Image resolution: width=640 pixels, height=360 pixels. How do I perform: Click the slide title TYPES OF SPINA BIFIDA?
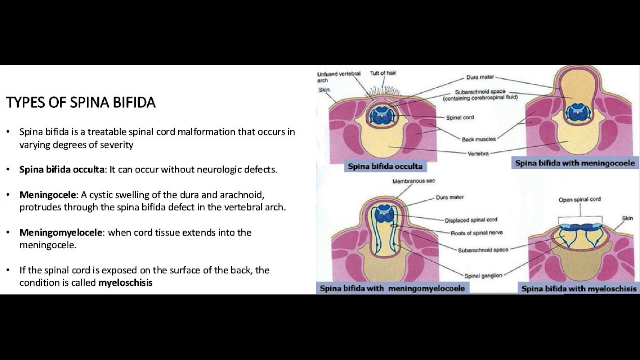tap(81, 103)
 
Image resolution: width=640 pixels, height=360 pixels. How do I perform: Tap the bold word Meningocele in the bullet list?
tap(48, 194)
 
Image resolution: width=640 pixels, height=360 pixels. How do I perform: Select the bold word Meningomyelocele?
tap(61, 232)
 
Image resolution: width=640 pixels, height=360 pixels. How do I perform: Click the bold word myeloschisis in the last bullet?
tap(125, 283)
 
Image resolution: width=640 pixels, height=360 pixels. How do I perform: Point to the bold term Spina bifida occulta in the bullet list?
tap(62, 169)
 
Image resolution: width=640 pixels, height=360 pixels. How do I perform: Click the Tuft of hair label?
tap(383, 73)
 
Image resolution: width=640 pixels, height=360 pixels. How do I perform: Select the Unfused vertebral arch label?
tap(338, 77)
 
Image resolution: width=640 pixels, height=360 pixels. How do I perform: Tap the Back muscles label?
tap(479, 139)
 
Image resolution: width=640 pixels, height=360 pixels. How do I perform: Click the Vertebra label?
tap(478, 153)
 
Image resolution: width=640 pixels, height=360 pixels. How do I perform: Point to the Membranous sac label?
tap(413, 181)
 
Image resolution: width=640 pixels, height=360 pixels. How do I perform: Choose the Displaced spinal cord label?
tap(471, 220)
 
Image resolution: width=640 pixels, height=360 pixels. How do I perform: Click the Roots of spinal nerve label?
tap(477, 233)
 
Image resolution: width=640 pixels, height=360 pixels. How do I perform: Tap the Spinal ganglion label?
tap(483, 276)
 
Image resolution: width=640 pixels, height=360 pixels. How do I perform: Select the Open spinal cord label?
tap(580, 200)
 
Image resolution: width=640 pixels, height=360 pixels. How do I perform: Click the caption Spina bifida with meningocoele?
tap(575, 163)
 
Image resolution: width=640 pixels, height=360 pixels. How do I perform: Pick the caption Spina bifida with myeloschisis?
tap(579, 289)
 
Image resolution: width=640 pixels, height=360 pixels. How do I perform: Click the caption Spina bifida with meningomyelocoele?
tap(392, 288)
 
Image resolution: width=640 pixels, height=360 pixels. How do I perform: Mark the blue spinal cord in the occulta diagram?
tap(382, 115)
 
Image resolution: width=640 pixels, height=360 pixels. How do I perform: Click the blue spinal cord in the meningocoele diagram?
tap(578, 112)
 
